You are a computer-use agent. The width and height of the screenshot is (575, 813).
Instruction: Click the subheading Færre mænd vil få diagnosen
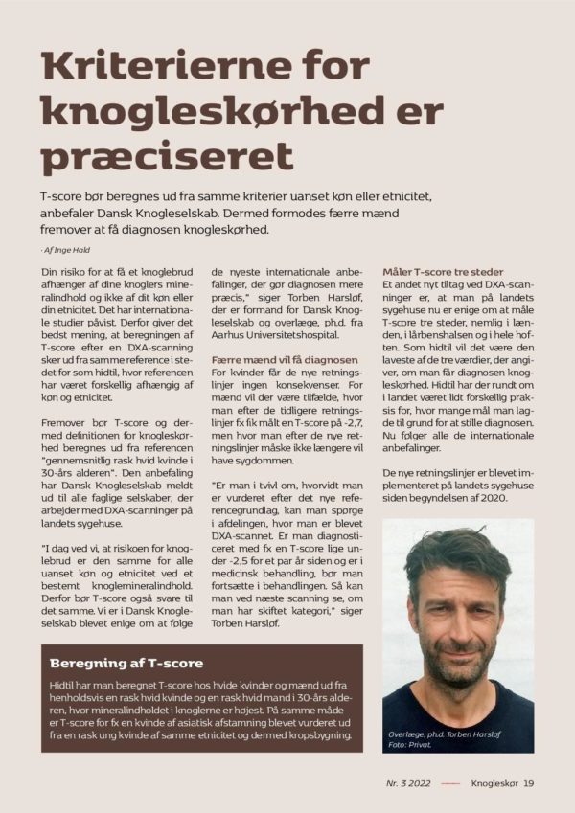click(278, 359)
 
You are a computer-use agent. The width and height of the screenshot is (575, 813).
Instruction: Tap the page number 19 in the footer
click(529, 783)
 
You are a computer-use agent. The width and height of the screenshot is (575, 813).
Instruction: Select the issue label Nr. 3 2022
click(414, 783)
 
